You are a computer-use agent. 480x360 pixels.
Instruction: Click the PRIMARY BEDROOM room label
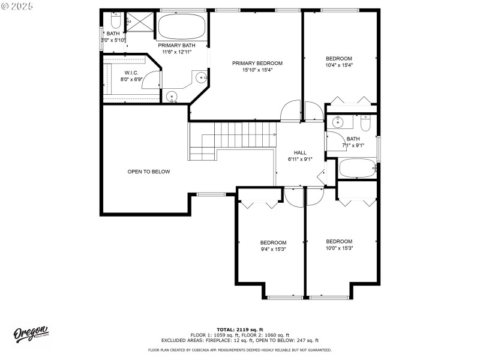[x=257, y=63]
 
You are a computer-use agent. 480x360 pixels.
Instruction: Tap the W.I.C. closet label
[x=132, y=73]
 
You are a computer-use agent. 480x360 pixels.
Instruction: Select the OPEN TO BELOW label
[x=149, y=172]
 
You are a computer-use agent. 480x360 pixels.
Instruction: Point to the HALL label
[x=300, y=152]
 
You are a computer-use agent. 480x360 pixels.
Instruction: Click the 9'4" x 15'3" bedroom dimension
[x=273, y=249]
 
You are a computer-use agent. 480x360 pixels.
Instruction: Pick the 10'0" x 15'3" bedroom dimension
[x=339, y=248]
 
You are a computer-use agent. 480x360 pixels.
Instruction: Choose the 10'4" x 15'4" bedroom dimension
[x=339, y=65]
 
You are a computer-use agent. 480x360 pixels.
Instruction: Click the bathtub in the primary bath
[x=182, y=26]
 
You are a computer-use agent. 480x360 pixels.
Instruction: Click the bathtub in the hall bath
[x=358, y=168]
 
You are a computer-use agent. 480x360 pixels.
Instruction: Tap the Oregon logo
[x=31, y=334]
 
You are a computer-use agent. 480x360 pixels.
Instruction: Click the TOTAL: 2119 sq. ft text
[x=240, y=329]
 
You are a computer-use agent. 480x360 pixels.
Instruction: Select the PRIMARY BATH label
[x=176, y=45]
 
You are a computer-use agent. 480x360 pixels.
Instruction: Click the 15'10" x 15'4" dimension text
[x=257, y=70]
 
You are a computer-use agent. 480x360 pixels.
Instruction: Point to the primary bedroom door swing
[x=291, y=110]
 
